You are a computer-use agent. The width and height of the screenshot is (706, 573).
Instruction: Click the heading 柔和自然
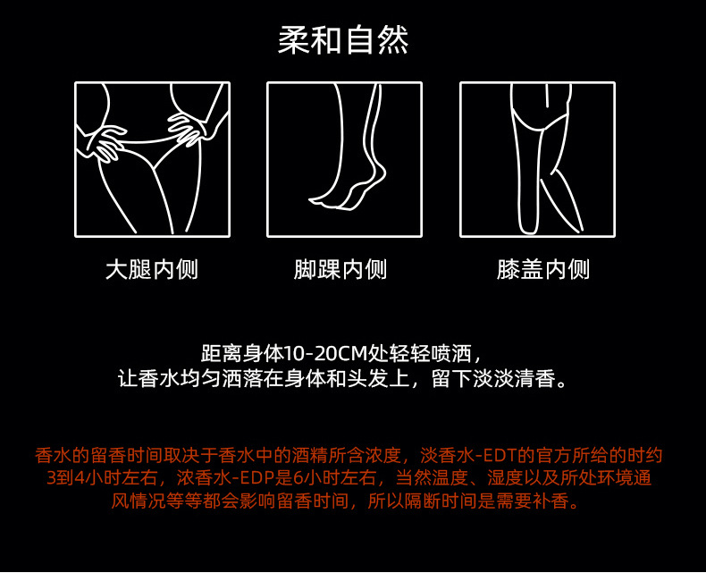point(343,40)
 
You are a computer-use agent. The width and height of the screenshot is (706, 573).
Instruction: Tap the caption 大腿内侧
point(151,269)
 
